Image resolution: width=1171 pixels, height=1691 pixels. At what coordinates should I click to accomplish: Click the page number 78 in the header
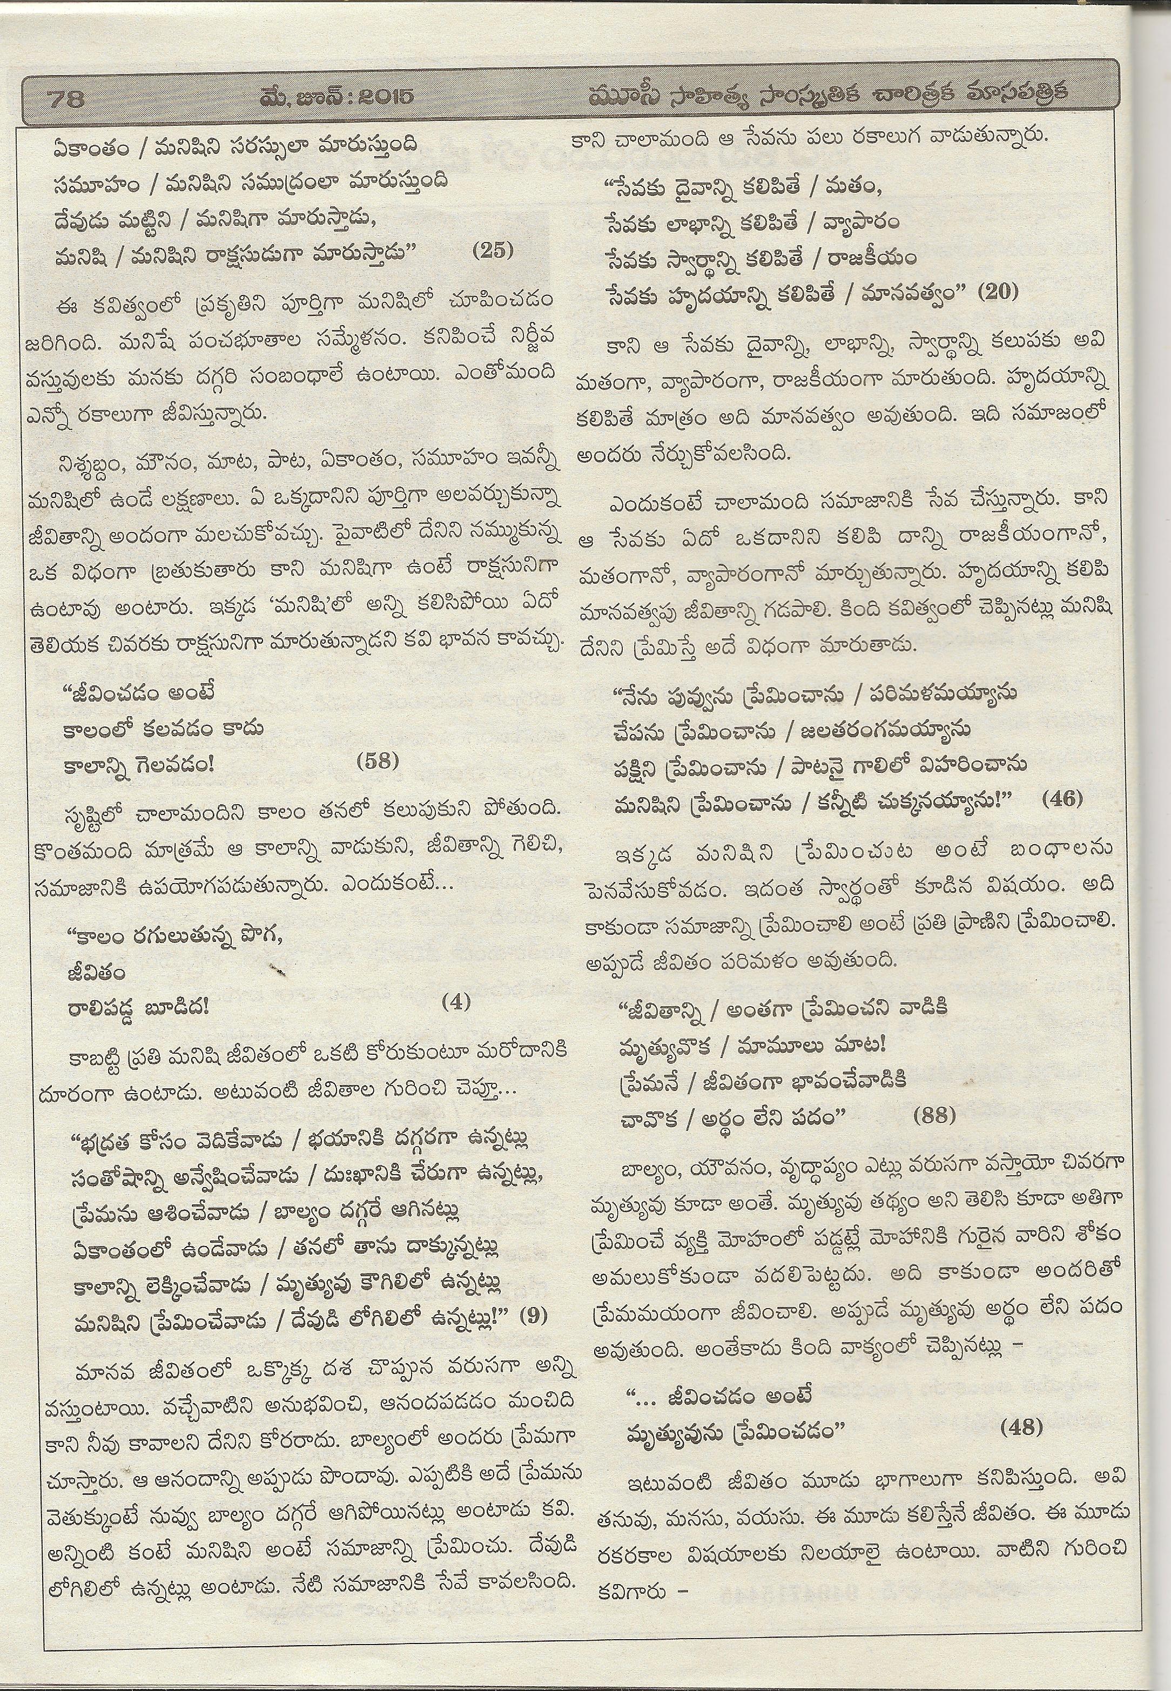click(67, 98)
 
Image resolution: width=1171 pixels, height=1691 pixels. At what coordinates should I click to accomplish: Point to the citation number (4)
click(456, 1001)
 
